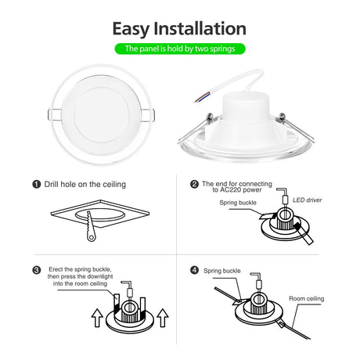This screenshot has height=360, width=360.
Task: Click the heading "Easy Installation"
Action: [x=179, y=29]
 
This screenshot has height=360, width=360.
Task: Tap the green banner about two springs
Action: [x=180, y=49]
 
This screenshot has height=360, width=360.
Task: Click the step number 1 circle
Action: [x=37, y=185]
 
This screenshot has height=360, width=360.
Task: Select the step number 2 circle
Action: [x=194, y=184]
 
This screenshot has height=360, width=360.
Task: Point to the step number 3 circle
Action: [x=37, y=270]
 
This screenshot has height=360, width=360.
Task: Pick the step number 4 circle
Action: [x=194, y=270]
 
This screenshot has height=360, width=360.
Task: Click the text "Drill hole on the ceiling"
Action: [x=85, y=185]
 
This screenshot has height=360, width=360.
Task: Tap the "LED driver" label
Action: [x=307, y=200]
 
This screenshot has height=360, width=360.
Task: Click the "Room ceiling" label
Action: [x=306, y=298]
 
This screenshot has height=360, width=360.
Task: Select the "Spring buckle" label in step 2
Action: [x=238, y=203]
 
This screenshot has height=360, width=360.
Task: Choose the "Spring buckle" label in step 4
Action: [x=222, y=271]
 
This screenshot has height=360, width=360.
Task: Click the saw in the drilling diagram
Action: [x=90, y=226]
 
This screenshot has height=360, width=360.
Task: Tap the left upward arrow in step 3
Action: [x=97, y=318]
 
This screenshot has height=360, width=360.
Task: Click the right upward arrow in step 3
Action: [x=163, y=318]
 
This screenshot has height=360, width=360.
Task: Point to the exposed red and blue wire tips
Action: [x=201, y=98]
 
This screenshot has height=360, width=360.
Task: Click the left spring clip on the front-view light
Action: [x=55, y=115]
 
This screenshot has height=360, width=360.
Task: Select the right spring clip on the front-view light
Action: [x=148, y=115]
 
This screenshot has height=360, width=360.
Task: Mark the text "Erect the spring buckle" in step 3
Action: [x=80, y=269]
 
